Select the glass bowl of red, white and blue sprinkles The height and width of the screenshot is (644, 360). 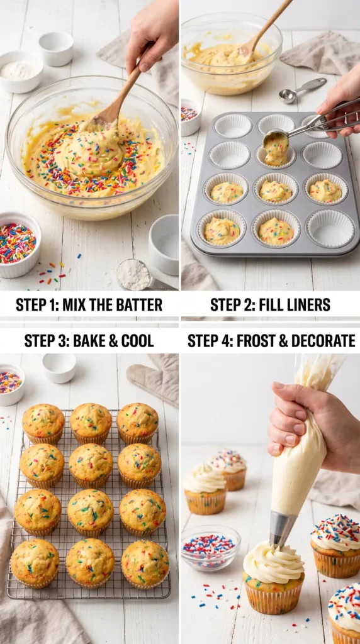pyautogui.click(x=210, y=548)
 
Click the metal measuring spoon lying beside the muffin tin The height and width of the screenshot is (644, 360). pyautogui.click(x=302, y=90)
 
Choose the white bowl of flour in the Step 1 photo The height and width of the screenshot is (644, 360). pyautogui.click(x=21, y=72)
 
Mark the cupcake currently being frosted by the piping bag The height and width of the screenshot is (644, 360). pyautogui.click(x=273, y=577)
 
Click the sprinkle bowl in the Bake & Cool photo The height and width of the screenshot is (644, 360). pyautogui.click(x=11, y=384)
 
